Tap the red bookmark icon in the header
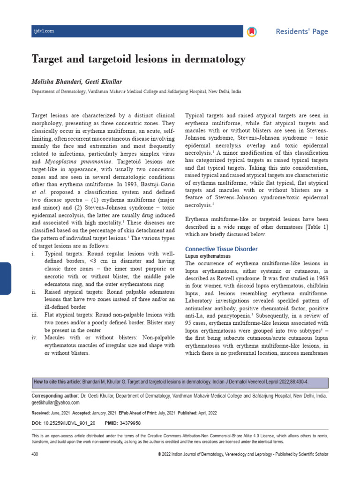pos(252,31)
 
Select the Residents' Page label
pos(301,31)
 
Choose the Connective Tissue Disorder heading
pos(221,249)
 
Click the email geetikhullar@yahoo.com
pos(55,403)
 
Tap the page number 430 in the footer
pos(35,454)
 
